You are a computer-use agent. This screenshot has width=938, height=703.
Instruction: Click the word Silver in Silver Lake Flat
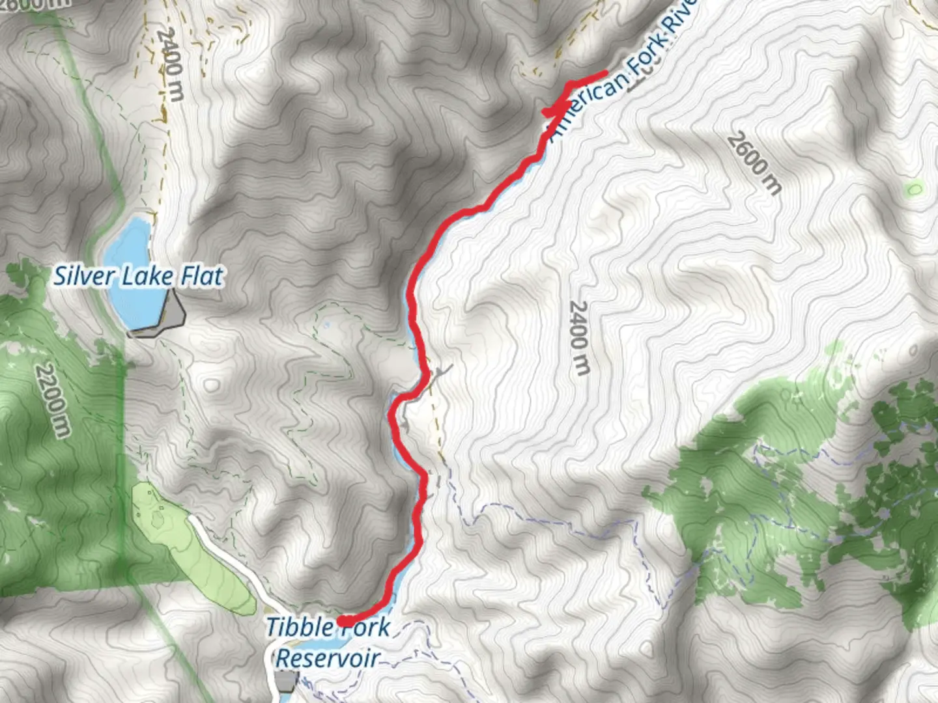pyautogui.click(x=83, y=276)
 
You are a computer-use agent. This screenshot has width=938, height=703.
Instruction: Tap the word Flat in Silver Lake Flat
pyautogui.click(x=202, y=276)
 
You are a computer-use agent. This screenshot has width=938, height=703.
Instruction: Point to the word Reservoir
pyautogui.click(x=328, y=658)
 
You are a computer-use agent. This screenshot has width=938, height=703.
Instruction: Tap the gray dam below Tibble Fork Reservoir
pyautogui.click(x=286, y=682)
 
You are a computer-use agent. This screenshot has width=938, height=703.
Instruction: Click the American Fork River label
pyautogui.click(x=622, y=72)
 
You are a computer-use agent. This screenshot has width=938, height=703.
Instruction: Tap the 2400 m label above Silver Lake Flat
pyautogui.click(x=171, y=64)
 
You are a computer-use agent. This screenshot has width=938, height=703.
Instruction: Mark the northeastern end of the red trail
pyautogui.click(x=606, y=73)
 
